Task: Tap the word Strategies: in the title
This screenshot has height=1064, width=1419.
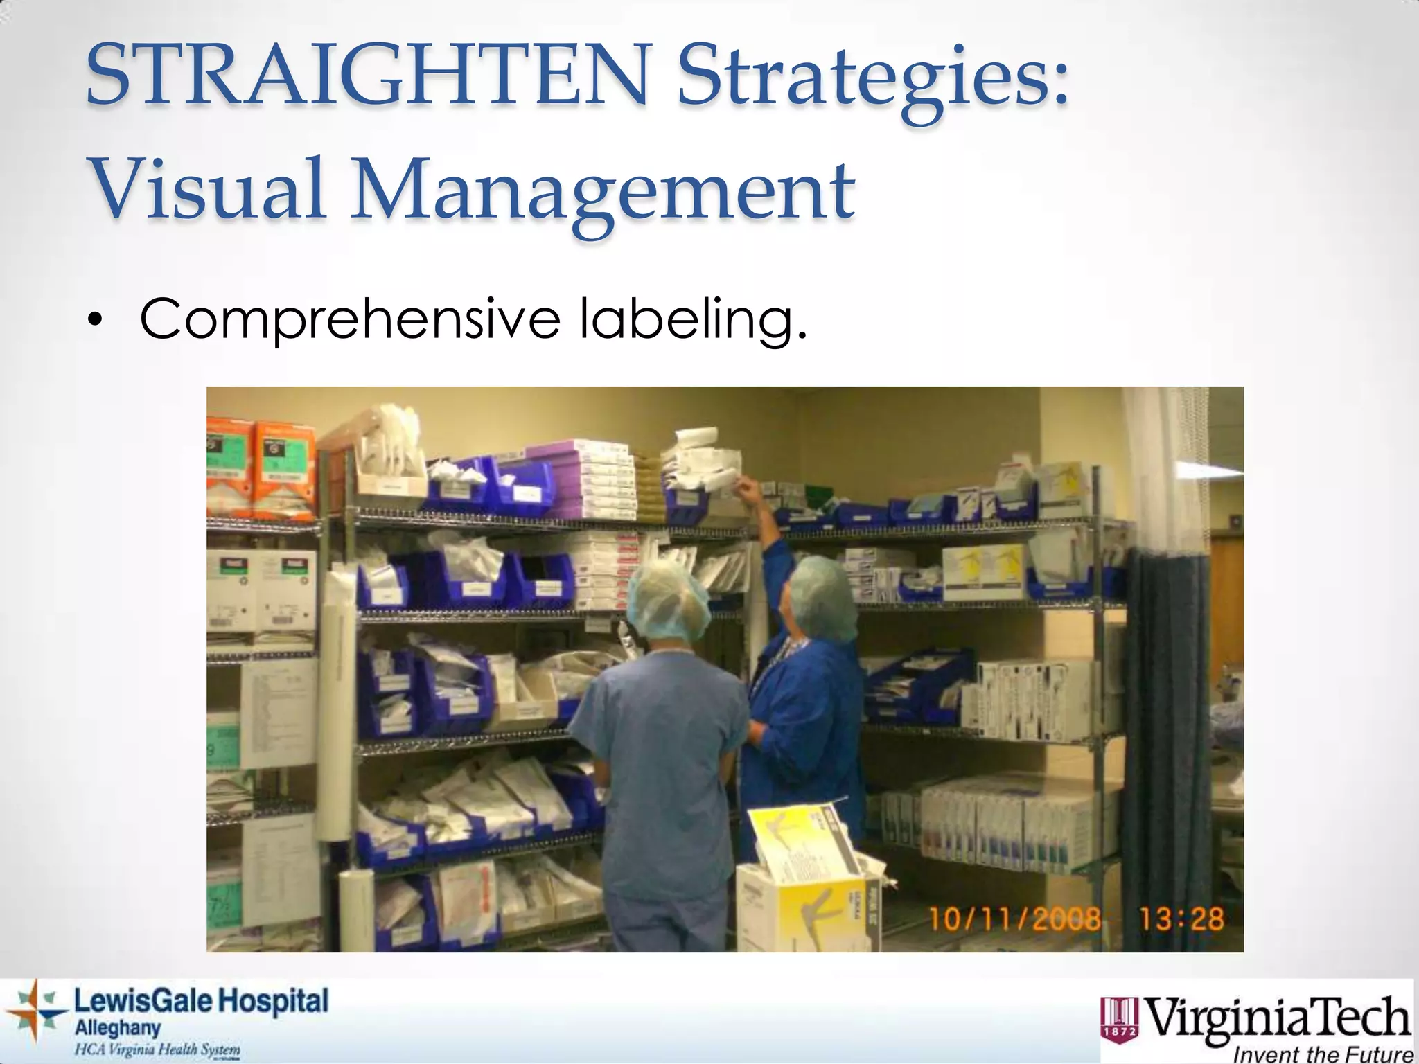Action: click(873, 80)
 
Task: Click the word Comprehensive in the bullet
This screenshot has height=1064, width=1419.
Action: click(350, 319)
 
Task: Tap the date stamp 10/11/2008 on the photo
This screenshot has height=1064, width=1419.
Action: click(1015, 920)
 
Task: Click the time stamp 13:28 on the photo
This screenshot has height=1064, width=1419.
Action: click(1182, 919)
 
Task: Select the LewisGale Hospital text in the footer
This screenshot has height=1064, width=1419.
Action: click(201, 1002)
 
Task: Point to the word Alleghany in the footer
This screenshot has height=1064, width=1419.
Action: click(117, 1029)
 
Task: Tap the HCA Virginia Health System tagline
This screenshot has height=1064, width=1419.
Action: click(157, 1049)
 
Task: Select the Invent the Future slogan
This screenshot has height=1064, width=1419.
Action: click(1323, 1054)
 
